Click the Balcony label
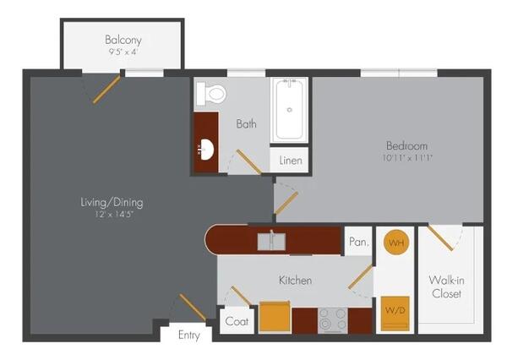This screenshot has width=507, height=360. point(123,40)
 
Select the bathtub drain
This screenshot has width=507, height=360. point(289,110)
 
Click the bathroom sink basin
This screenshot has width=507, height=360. point(206,150)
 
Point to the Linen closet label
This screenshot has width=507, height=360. point(291,160)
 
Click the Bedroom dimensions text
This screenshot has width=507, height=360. point(407,158)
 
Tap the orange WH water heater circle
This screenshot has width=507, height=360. point(396,243)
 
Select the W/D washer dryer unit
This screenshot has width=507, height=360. point(395,314)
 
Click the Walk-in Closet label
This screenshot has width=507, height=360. point(446,286)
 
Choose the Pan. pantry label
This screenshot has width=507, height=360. point(358,242)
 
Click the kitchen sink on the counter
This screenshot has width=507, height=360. point(271,242)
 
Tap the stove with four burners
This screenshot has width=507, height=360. point(333,320)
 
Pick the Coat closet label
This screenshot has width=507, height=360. point(237,321)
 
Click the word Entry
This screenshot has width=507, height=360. point(189,335)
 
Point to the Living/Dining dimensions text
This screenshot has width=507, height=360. point(114,214)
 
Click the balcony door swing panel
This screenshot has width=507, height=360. point(106,90)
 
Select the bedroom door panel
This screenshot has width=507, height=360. point(286,203)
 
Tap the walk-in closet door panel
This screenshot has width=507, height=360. point(440,238)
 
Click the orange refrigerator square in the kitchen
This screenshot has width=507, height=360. point(275,317)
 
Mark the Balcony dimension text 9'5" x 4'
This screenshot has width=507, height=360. point(123,52)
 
